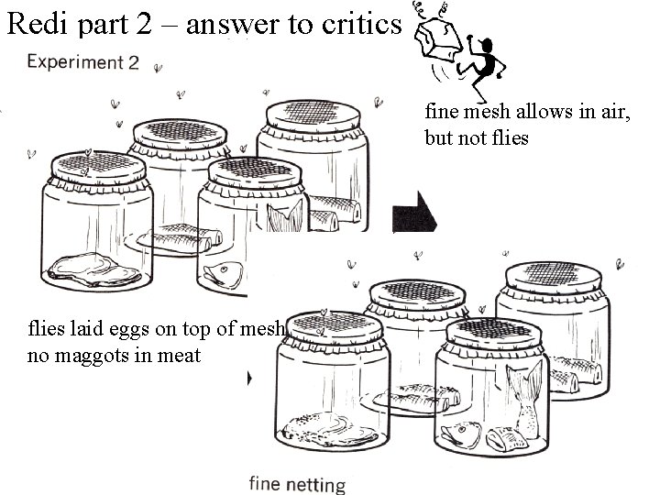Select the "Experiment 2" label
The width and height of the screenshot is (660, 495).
pos(83,63)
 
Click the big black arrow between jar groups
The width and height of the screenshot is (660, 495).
pos(413,216)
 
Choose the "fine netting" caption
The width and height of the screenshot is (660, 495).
pos(298,484)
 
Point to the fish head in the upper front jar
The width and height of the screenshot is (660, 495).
pos(222,271)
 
